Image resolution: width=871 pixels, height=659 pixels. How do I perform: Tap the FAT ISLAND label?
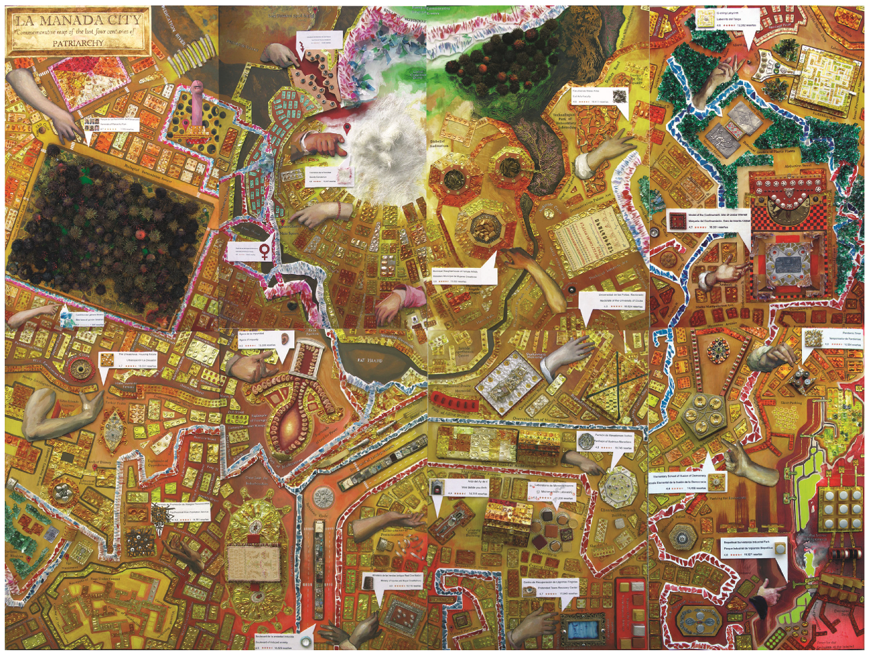(x=370, y=361)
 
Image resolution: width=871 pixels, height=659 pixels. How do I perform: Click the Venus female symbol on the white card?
(x=264, y=250)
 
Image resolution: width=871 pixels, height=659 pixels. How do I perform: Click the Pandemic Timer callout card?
(x=832, y=338)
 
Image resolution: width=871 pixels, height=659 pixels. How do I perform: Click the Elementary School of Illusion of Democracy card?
(x=688, y=481)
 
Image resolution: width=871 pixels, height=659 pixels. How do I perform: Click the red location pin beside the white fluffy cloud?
(x=347, y=129)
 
